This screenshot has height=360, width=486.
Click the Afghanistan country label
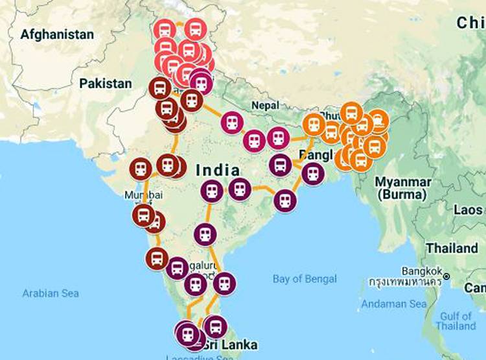tap(57, 34)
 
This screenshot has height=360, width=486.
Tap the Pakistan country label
tap(105, 84)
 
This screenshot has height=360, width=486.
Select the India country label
tap(217, 171)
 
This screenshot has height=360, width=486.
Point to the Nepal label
tap(265, 105)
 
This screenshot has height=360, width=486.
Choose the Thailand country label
tap(452, 248)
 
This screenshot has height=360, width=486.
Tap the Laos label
tap(467, 210)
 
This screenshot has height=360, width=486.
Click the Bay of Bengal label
tap(305, 279)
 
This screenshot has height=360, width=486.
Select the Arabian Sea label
tap(51, 293)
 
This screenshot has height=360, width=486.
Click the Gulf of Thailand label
tap(456, 321)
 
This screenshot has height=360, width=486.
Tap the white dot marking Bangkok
tap(465, 283)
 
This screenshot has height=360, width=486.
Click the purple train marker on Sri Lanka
tap(215, 326)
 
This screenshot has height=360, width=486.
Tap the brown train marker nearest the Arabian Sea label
tap(156, 258)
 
